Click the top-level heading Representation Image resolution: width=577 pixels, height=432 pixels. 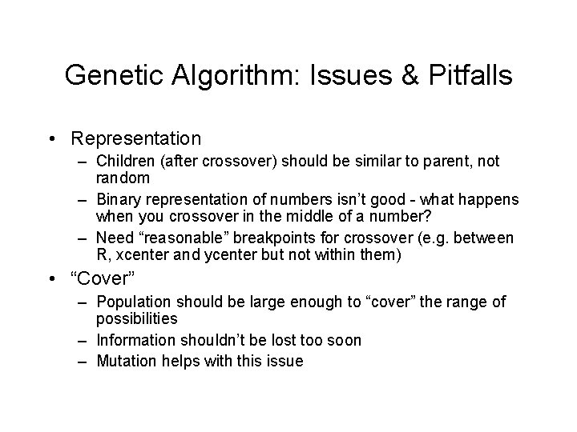click(x=135, y=138)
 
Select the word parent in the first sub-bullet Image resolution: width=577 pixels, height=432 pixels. click(x=434, y=162)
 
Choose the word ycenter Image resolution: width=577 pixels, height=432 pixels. click(x=225, y=255)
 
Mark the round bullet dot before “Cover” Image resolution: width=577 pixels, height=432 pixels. click(x=51, y=280)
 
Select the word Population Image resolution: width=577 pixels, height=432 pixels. click(x=132, y=302)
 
